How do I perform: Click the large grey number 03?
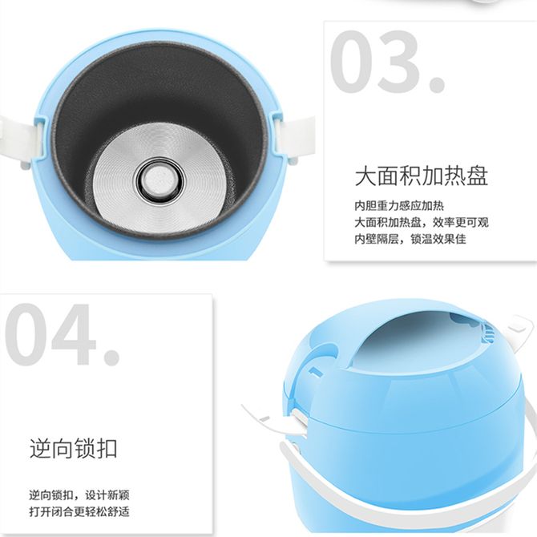375,62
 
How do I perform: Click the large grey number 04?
50,334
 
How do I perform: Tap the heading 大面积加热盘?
422,176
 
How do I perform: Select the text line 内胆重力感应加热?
399,206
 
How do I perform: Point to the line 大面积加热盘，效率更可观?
422,222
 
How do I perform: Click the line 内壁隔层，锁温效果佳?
410,239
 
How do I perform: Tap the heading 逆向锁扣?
73,448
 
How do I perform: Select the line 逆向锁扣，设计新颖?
79,495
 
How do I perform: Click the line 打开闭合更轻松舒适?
79,511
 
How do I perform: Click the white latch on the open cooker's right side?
294,137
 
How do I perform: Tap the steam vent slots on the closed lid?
488,333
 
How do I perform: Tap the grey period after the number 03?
438,84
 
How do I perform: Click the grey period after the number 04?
112,357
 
